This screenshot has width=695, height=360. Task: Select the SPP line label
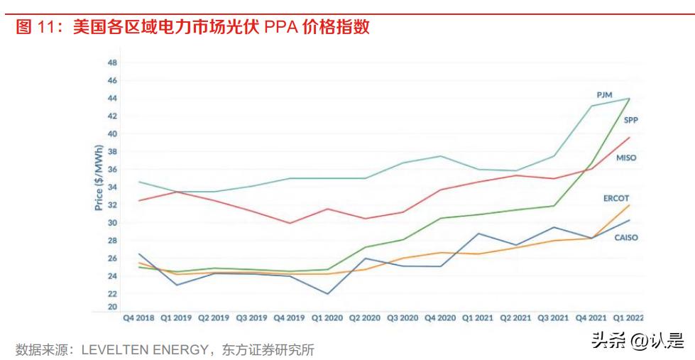630,121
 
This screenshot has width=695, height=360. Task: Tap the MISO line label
625,158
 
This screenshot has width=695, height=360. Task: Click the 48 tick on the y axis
112,62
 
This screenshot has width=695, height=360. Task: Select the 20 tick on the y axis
112,307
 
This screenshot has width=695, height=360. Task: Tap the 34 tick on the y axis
112,187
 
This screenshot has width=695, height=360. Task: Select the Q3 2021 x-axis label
554,319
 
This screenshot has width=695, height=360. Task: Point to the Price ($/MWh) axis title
99,178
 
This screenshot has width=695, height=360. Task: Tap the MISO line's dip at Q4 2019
290,223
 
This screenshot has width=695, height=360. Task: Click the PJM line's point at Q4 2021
592,106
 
